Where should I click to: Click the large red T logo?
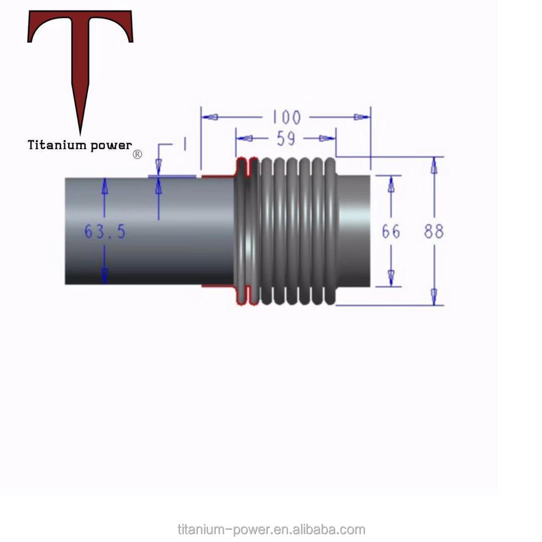point(80,54)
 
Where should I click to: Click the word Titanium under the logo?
point(57,145)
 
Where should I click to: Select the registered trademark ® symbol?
point(137,154)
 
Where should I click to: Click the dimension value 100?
point(286,117)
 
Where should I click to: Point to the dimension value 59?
point(286,139)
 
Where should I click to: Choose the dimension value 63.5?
point(105,231)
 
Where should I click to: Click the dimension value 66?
point(391,231)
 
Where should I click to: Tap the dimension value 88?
point(434,231)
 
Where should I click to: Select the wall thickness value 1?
point(184,144)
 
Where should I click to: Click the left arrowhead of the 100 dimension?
point(211,117)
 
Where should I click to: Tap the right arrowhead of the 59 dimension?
point(326,139)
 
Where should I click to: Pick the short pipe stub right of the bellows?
point(353,230)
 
